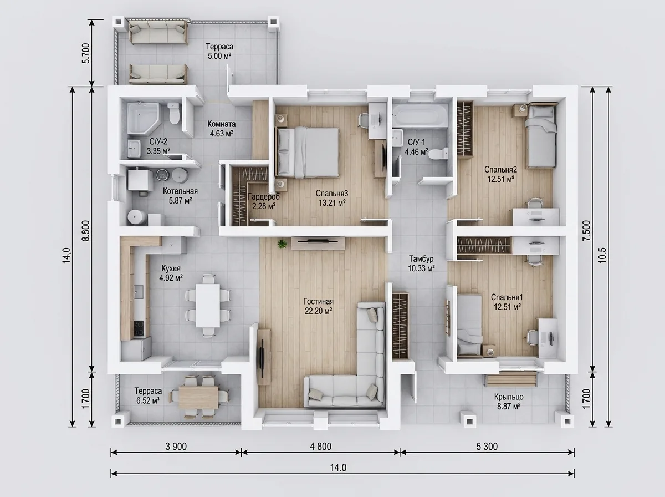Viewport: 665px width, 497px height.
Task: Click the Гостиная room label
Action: pyautogui.click(x=319, y=301)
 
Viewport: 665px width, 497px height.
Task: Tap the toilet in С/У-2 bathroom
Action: pyautogui.click(x=174, y=113)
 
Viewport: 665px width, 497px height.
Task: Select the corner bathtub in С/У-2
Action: pyautogui.click(x=144, y=118)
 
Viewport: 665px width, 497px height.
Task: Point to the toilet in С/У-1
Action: pyautogui.click(x=438, y=154)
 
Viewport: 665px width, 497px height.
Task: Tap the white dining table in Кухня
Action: pyautogui.click(x=207, y=306)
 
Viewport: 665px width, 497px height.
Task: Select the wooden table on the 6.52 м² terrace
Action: pyautogui.click(x=198, y=397)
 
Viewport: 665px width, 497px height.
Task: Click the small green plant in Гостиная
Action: pyautogui.click(x=282, y=244)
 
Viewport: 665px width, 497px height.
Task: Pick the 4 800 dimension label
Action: pyautogui.click(x=320, y=447)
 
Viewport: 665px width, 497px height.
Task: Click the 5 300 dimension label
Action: pyautogui.click(x=487, y=447)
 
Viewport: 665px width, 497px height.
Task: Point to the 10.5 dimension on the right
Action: pyautogui.click(x=602, y=255)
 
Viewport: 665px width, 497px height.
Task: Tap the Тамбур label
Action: pyautogui.click(x=421, y=258)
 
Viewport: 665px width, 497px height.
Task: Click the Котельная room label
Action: pyautogui.click(x=180, y=191)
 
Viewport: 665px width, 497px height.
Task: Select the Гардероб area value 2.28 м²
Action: pyautogui.click(x=264, y=206)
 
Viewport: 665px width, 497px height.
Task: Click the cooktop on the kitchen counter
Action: pyautogui.click(x=139, y=328)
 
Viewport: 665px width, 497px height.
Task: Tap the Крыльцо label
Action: pyautogui.click(x=509, y=397)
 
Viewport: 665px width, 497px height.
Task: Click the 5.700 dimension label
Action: pyautogui.click(x=86, y=53)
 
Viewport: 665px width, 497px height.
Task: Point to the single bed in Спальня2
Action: pyautogui.click(x=541, y=135)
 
